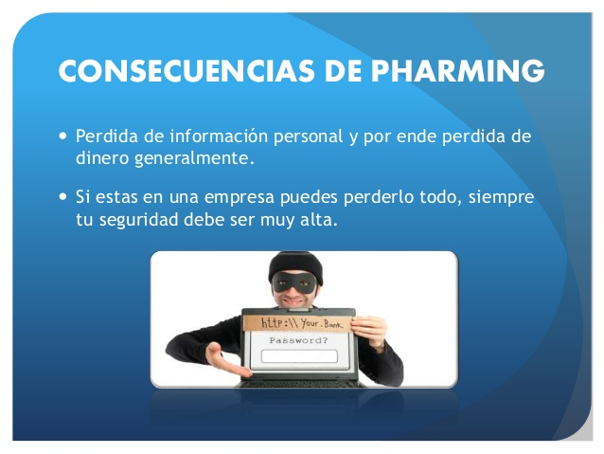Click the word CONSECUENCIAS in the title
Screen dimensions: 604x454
tap(187, 71)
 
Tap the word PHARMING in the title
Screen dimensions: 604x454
tap(457, 71)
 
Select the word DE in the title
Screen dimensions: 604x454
tap(343, 71)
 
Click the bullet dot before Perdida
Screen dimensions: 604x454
tap(63, 136)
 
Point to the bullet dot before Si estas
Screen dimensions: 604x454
tap(63, 196)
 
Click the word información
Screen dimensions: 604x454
tap(219, 136)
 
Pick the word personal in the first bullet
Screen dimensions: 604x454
tap(309, 137)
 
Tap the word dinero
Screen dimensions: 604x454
tap(102, 157)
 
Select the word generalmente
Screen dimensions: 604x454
tap(194, 159)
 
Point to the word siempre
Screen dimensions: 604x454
tap(501, 197)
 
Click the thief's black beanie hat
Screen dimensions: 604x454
tap(295, 266)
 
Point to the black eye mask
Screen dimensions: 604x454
tap(294, 282)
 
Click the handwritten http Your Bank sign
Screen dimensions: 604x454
tap(297, 323)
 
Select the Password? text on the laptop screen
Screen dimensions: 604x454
tap(298, 340)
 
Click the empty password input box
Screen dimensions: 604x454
tap(299, 356)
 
